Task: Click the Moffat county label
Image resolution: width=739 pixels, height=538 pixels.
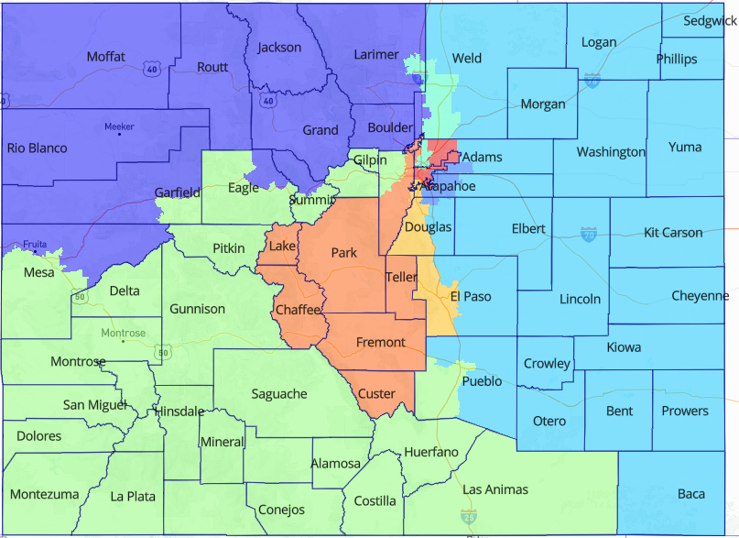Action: coord(105,57)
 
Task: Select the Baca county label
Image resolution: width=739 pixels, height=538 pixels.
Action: coord(691,494)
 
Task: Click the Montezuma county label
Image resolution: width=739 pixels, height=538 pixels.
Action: coord(44,494)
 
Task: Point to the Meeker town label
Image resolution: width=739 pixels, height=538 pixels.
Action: coord(119,126)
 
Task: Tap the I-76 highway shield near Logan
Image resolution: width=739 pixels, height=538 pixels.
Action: coord(592,80)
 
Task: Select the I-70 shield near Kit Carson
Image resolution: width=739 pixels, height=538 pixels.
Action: coord(588,236)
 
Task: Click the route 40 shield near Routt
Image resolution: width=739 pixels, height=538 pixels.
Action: coord(152,67)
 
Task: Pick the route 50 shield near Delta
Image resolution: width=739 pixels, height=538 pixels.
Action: coord(81,297)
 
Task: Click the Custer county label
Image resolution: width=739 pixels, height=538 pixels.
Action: coord(376,394)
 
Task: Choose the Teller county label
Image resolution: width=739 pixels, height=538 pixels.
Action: coord(401,276)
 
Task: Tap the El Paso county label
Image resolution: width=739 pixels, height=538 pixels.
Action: coord(471,296)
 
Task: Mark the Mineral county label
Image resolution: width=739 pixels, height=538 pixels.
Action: coord(223,442)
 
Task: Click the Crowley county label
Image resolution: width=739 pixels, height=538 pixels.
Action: coord(547,364)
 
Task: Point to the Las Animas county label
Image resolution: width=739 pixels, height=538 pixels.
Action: coord(495,489)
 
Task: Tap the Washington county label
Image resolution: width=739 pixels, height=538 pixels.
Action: coord(611,152)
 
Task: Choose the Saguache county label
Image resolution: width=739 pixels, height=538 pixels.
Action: coord(279,393)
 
